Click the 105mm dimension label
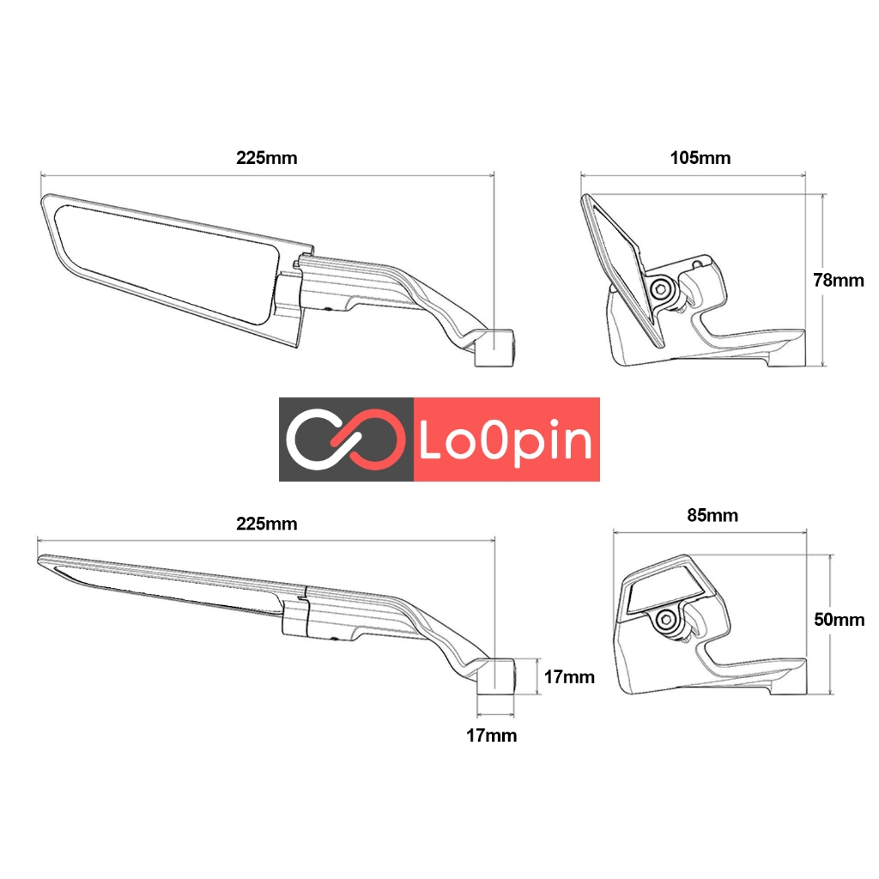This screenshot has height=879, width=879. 700,158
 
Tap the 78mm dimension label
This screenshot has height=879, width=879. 838,280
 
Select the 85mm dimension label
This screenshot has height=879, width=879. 712,516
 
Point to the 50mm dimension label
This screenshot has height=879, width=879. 839,620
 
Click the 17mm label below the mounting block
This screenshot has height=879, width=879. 491,736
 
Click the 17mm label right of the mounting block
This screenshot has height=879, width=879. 567,677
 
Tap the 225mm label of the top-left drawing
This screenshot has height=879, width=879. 267,158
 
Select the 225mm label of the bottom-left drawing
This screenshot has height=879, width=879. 267,524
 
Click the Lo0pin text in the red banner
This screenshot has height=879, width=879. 506,440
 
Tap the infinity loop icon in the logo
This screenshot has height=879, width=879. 345,439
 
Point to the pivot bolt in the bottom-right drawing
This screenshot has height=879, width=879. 666,620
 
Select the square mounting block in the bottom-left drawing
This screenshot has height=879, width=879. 495,676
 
